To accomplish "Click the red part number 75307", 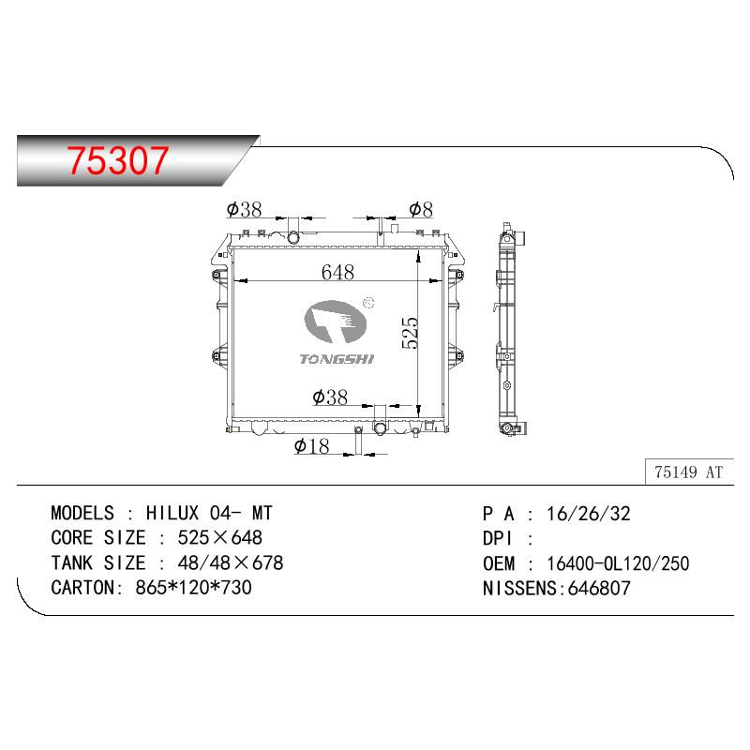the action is point(118,159).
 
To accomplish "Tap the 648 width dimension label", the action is point(337,272).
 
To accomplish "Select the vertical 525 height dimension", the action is point(411,333).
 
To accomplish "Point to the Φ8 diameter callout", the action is point(421,209).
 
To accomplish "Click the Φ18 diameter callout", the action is point(312,446).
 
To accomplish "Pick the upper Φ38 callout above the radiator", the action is point(244,209).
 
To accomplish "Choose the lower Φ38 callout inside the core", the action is point(330,397).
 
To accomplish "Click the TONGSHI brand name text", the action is point(337,359).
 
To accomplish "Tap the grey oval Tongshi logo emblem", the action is point(336,322).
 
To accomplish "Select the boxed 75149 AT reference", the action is point(689,472).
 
